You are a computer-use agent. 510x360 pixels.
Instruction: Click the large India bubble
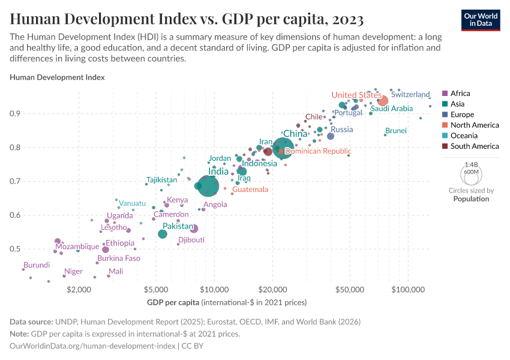(208, 185)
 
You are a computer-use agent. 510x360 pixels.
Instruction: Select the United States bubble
(382, 101)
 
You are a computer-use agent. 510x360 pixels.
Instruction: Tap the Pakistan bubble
(163, 233)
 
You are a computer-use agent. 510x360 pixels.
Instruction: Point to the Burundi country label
(37, 265)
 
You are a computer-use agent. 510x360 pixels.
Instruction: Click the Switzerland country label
(410, 95)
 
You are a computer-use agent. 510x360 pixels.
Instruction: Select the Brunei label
(396, 130)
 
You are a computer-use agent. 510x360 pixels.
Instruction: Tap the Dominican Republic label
(318, 151)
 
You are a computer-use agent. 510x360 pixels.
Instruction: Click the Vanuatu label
(132, 203)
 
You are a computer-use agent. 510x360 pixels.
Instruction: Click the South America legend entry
(470, 146)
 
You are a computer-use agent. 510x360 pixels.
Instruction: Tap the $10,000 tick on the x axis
(214, 289)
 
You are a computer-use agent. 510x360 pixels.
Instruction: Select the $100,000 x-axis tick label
(408, 289)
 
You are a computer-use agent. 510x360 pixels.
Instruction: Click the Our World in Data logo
(480, 19)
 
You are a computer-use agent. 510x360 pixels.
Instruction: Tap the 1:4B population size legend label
(471, 164)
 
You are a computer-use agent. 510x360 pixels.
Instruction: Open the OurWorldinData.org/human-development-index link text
(93, 346)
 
